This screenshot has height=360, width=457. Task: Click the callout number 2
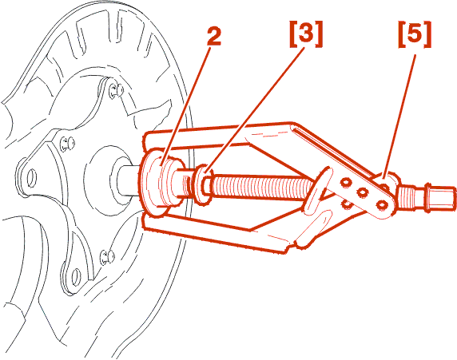pyautogui.click(x=214, y=37)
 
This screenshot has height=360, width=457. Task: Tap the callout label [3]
pyautogui.click(x=306, y=34)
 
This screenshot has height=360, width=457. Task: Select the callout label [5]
pyautogui.click(x=415, y=34)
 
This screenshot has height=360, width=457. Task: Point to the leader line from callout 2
pyautogui.click(x=185, y=107)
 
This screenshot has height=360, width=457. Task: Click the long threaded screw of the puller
pyautogui.click(x=262, y=188)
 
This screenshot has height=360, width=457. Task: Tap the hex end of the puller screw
pyautogui.click(x=441, y=197)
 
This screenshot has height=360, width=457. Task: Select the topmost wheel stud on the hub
pyautogui.click(x=117, y=91)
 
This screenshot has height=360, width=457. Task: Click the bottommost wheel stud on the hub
pyautogui.click(x=107, y=257)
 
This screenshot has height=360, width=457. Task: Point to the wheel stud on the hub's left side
pyautogui.click(x=67, y=144)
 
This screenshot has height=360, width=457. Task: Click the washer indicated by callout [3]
pyautogui.click(x=201, y=184)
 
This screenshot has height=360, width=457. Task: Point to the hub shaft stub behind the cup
pyautogui.click(x=129, y=180)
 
